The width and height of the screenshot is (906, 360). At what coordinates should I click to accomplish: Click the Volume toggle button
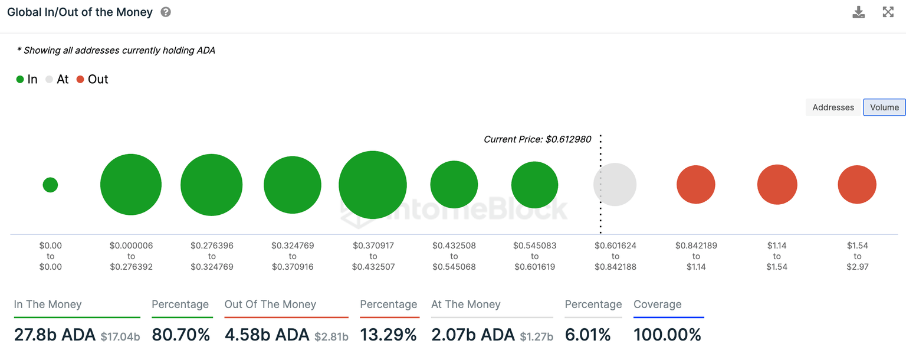(x=884, y=107)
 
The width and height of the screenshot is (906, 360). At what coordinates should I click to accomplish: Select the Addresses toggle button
(x=833, y=107)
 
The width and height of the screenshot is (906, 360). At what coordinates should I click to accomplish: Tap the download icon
(x=858, y=12)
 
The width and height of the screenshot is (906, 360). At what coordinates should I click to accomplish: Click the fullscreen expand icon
(x=888, y=12)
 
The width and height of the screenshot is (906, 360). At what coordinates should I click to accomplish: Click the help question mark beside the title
(x=166, y=12)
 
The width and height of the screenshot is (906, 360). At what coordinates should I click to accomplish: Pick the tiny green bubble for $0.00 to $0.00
(x=50, y=185)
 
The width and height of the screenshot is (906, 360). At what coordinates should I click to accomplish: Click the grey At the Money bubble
(x=615, y=185)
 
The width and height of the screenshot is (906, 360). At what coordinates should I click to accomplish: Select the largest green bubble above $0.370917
(x=373, y=185)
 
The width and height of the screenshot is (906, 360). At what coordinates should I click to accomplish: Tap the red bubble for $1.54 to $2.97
(x=857, y=185)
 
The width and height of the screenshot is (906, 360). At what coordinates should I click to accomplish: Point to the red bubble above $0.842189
(x=696, y=185)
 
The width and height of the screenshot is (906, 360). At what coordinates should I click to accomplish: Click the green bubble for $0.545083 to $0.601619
(x=534, y=185)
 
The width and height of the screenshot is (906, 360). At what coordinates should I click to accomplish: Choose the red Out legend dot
(x=80, y=80)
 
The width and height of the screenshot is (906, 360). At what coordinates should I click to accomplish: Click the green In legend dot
(x=20, y=80)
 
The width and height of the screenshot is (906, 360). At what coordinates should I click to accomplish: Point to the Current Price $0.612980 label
(x=537, y=140)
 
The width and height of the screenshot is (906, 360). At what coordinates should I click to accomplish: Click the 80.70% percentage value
(x=181, y=335)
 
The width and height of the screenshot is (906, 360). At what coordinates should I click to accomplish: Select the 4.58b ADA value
(x=267, y=335)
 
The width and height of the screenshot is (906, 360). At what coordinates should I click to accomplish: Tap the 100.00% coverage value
(x=667, y=335)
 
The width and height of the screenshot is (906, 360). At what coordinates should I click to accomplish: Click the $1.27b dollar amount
(x=536, y=337)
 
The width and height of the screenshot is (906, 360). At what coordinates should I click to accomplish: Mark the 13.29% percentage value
(x=388, y=335)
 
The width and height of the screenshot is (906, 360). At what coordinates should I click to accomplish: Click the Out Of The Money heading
(x=270, y=305)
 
